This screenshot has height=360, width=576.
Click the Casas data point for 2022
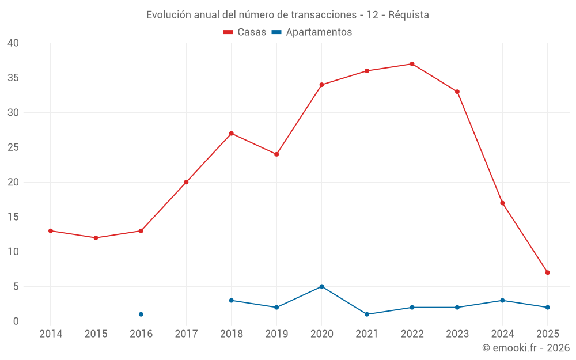(x=412, y=64)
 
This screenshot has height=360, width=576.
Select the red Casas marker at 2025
(x=547, y=272)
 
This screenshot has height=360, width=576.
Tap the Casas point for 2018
(x=231, y=134)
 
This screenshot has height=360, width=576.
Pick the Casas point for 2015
(x=96, y=238)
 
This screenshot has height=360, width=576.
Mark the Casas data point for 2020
(x=321, y=85)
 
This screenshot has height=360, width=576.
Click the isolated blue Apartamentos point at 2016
(x=141, y=314)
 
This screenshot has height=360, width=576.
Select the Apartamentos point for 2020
(x=321, y=286)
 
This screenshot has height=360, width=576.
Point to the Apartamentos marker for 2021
(x=367, y=314)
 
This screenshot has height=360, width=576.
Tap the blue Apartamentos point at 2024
(x=502, y=301)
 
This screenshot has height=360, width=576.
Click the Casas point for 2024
(x=502, y=203)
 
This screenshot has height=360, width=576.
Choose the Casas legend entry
(x=245, y=32)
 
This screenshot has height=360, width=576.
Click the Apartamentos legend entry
(x=311, y=32)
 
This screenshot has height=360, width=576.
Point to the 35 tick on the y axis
(x=13, y=78)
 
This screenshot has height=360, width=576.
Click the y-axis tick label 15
(x=13, y=217)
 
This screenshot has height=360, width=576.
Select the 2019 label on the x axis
(x=276, y=334)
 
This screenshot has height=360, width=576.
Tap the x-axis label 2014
(x=51, y=334)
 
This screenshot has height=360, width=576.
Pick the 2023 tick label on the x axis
(x=457, y=334)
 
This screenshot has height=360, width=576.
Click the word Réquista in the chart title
(x=408, y=15)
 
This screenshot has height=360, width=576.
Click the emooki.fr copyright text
(x=525, y=348)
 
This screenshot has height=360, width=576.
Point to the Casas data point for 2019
(x=276, y=154)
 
